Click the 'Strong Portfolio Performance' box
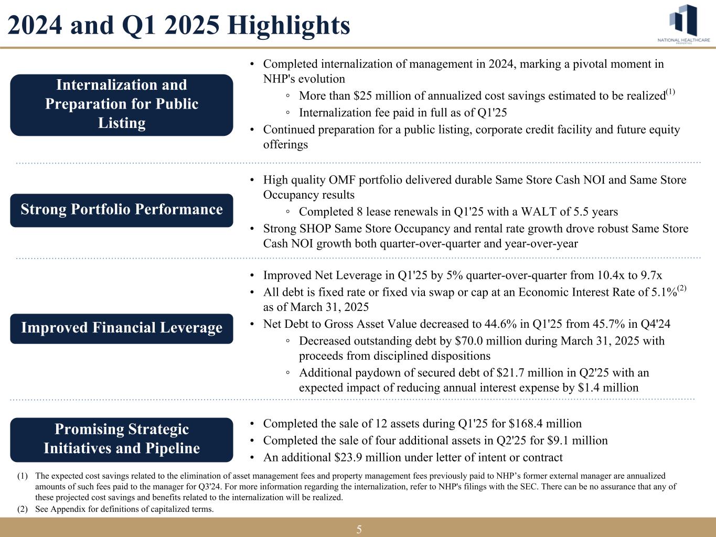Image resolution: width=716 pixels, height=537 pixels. [x=122, y=210]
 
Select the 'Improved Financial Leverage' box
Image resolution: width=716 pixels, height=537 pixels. [x=122, y=328]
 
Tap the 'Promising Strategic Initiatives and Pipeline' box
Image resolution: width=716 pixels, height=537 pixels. [x=122, y=439]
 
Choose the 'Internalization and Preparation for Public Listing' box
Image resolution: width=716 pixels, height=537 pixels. [x=122, y=104]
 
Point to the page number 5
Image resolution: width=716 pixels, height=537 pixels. [x=359, y=529]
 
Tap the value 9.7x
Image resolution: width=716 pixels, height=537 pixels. [x=652, y=275]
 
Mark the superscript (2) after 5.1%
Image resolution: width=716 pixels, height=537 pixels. [x=682, y=288]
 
